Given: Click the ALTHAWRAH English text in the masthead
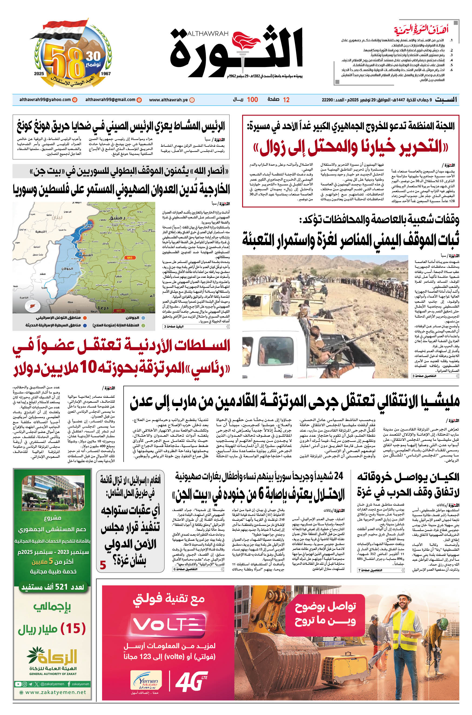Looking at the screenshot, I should click(208, 34).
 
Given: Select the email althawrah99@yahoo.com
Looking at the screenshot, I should click(45, 100).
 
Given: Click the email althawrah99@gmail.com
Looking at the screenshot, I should click(110, 100).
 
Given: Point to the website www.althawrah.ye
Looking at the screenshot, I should click(168, 100).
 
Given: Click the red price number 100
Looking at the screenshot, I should click(252, 100).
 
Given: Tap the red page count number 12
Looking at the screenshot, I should click(286, 100).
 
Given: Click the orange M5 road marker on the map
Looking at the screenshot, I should click(129, 258).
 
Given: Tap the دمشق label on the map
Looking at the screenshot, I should click(118, 218).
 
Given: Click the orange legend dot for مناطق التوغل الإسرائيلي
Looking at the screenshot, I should click(85, 318).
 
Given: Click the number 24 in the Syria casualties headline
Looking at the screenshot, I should click(338, 476).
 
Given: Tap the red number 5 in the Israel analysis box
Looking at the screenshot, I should click(103, 565).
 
